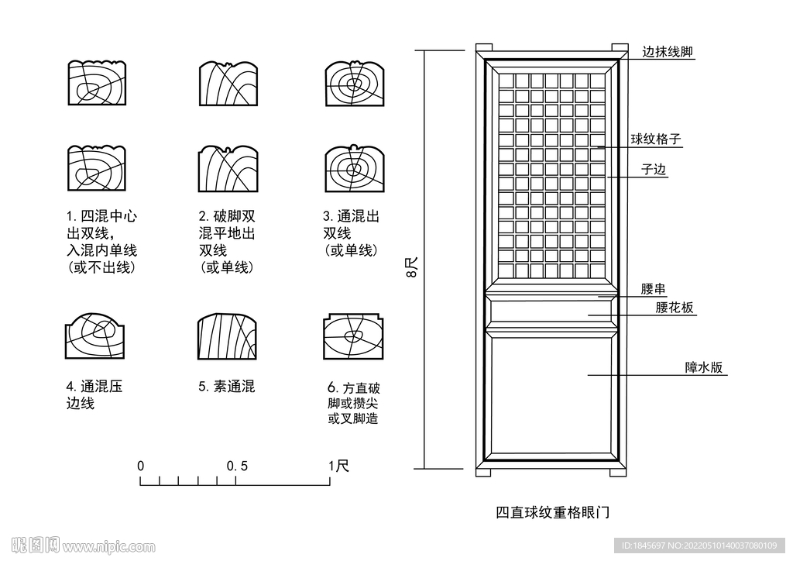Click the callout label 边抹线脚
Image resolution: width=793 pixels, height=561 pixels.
pos(667,53)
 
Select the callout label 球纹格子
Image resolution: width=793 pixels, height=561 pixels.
pos(655,139)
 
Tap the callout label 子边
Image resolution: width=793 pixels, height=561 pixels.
pos(654,170)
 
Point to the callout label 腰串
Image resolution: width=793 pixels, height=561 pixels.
pos(654,289)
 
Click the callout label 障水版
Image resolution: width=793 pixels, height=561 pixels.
pos(703,367)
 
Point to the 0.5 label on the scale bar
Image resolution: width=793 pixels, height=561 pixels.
pos(237,466)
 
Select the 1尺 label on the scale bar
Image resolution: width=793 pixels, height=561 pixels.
pos(338,466)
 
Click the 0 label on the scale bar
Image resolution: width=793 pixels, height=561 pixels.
pos(141,466)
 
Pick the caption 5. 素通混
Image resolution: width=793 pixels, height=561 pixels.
pos(226,386)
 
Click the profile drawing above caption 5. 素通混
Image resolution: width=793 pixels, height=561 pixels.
pos(228,337)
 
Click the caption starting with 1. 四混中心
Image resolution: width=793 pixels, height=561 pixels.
pos(102,242)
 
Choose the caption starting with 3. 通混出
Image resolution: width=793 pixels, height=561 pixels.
pos(352,232)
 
